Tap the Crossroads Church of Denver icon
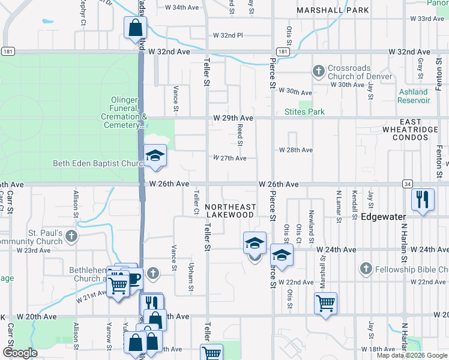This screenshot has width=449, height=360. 318,72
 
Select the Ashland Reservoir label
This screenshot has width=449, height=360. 414,96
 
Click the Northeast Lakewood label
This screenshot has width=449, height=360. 231,210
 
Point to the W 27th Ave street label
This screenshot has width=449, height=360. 230,158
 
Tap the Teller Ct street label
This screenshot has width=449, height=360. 196,202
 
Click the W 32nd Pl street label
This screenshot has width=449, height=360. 231,35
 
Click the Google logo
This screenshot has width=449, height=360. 20,353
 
